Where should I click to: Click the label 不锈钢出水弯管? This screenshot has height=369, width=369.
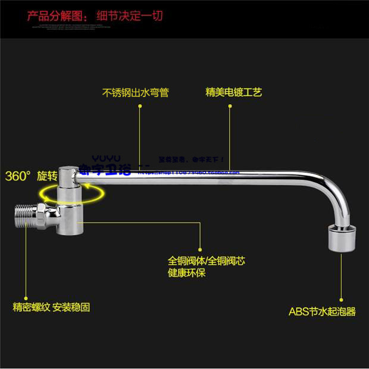click(136, 93)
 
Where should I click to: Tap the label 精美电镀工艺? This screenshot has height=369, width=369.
click(233, 93)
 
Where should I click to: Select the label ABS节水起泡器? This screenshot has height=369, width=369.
click(322, 311)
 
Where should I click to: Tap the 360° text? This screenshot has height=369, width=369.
click(17, 176)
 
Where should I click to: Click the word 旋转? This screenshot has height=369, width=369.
click(47, 176)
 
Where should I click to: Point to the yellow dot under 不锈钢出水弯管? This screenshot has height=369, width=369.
click(140, 107)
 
